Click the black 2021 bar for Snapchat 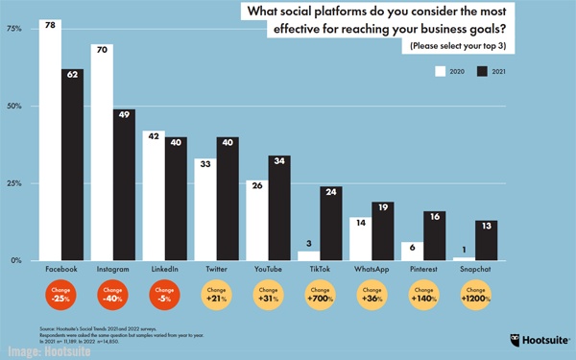click(486, 240)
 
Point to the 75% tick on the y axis click(15, 29)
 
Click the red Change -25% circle click(61, 298)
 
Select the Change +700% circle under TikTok click(321, 298)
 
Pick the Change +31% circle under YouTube click(269, 298)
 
